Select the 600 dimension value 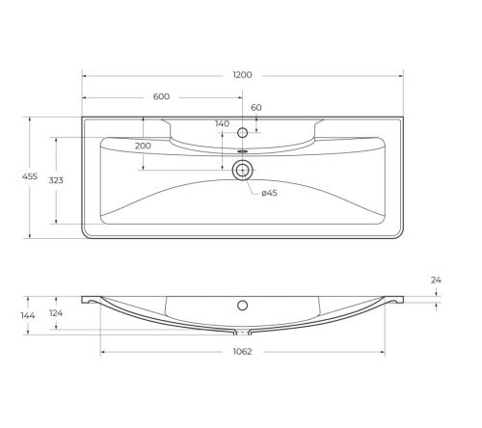162,96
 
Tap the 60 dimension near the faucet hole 256,108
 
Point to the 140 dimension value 223,124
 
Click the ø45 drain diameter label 270,194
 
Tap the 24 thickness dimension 436,281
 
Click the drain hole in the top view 243,171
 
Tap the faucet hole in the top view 243,131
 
